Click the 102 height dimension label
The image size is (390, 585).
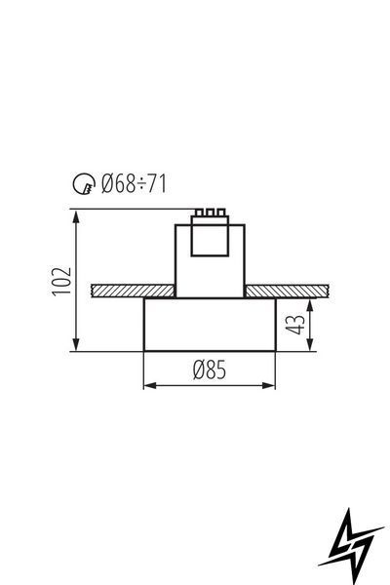tap(61, 281)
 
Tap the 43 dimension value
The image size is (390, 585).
tap(295, 325)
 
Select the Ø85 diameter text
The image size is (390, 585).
tap(210, 370)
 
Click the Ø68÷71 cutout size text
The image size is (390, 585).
tap(134, 183)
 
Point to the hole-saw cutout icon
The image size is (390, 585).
tap(83, 183)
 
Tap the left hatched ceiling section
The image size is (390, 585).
tap(134, 291)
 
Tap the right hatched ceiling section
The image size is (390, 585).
tap(287, 291)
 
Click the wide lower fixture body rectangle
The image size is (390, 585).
tap(210, 325)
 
